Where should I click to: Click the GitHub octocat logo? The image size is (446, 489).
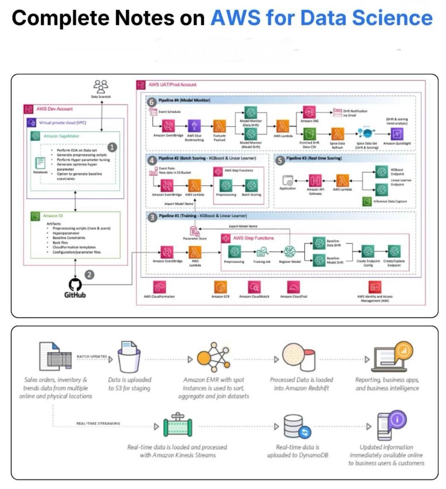(x=75, y=285)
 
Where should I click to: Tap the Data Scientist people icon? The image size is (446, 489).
(x=101, y=87)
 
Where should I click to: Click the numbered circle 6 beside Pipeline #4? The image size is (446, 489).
(x=151, y=102)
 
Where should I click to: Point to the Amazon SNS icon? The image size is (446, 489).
(x=309, y=112)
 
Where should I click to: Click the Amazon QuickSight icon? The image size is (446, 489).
(x=397, y=133)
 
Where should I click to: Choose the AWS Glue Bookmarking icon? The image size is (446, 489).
(x=194, y=126)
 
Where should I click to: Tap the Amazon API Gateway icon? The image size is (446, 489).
(x=315, y=181)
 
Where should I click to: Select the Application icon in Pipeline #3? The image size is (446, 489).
(x=288, y=181)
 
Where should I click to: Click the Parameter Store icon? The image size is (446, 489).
(x=195, y=231)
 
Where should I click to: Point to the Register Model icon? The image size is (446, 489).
(x=290, y=252)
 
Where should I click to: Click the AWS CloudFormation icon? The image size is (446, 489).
(x=159, y=287)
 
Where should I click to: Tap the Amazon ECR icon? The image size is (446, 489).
(x=220, y=287)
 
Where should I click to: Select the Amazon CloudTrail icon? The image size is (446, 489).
(x=293, y=287)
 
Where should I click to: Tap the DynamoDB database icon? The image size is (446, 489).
(x=297, y=426)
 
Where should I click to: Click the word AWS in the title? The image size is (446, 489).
(x=235, y=18)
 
